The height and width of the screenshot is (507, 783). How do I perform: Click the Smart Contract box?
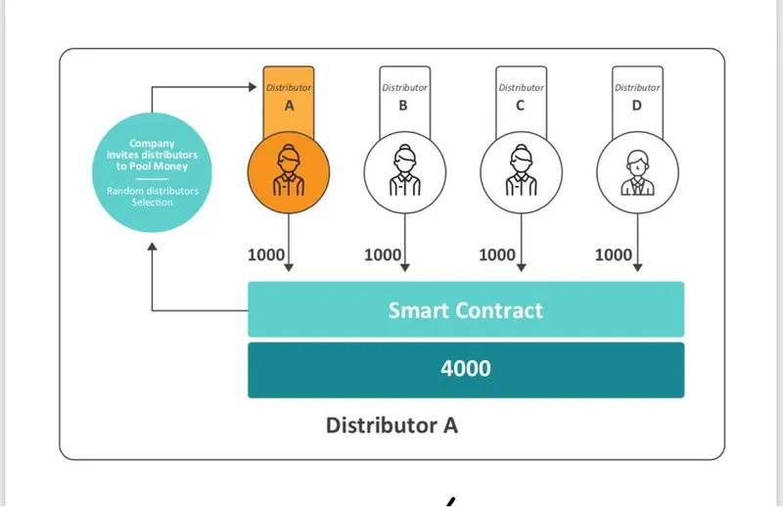(465, 309)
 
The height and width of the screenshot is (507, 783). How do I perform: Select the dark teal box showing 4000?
(465, 370)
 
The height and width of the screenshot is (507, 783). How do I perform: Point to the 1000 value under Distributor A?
(266, 254)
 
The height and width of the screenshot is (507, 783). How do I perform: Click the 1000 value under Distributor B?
(383, 254)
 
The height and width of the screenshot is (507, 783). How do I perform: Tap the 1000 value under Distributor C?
(497, 254)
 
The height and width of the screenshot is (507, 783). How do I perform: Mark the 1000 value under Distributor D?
(614, 254)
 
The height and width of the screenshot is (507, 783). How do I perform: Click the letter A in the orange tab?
(289, 106)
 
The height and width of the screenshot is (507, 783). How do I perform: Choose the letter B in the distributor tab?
(403, 106)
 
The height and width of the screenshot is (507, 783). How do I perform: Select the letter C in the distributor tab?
(520, 106)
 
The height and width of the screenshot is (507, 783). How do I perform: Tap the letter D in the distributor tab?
(636, 106)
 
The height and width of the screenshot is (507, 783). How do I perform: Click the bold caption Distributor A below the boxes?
(391, 426)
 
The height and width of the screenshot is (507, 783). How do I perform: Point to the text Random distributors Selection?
(152, 196)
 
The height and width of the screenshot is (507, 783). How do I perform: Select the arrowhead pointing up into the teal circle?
(153, 248)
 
